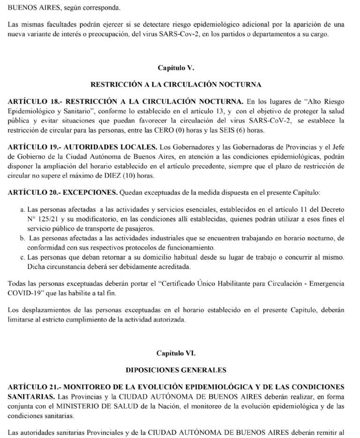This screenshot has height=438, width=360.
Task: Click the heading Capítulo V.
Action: (x=176, y=68)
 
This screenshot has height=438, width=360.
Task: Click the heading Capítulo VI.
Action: (x=176, y=353)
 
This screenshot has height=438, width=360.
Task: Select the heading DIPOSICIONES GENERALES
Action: (x=176, y=370)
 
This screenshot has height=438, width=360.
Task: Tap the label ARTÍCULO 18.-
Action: (x=34, y=101)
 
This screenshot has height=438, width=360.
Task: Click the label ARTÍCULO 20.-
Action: (x=34, y=193)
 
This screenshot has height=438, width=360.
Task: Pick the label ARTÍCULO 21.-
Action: (x=34, y=387)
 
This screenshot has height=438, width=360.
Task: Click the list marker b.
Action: (x=23, y=238)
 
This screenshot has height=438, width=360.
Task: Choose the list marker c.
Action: (x=23, y=257)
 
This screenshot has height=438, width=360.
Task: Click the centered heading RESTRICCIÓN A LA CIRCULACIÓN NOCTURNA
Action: (x=176, y=85)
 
